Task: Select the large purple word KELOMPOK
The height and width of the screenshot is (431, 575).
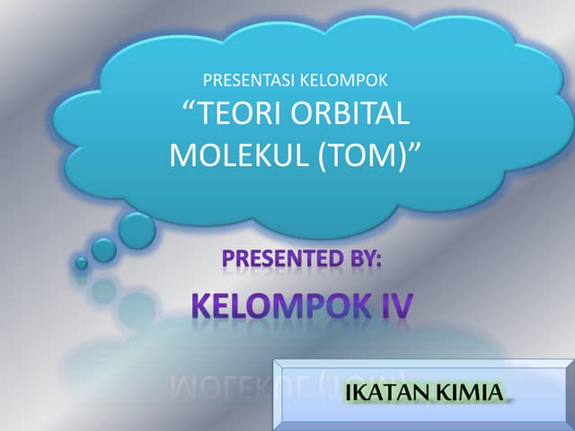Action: (276, 305)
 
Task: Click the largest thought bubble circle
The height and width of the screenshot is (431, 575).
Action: (137, 230)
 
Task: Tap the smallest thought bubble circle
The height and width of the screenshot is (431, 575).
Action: (82, 263)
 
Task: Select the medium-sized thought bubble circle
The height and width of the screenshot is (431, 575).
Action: (104, 250)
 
